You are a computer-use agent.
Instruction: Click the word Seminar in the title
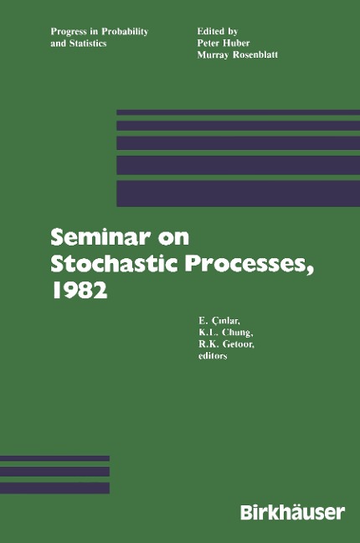coord(100,237)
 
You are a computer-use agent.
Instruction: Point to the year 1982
coord(79,290)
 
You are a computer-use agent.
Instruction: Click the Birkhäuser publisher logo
coord(293,512)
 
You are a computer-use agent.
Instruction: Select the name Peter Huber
coord(224,43)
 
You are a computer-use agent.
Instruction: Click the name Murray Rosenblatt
coord(238,54)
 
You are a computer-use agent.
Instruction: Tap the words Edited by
coord(218,31)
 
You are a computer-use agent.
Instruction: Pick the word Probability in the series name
coord(125,32)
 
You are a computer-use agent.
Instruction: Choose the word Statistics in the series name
coord(88,44)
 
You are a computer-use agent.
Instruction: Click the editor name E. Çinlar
coord(219,321)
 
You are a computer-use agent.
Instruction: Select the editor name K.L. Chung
coord(226,333)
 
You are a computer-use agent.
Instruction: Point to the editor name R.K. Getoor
coord(226,344)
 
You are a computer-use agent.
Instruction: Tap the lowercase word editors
coord(213,355)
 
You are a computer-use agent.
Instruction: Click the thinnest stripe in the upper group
coord(238,112)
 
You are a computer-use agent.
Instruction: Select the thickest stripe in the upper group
coord(238,194)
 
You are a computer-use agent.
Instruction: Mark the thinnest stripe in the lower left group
coord(54,458)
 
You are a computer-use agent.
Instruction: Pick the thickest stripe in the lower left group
coord(54,488)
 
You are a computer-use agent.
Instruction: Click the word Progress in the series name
coord(69,32)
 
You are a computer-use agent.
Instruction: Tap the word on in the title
coord(174,238)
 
